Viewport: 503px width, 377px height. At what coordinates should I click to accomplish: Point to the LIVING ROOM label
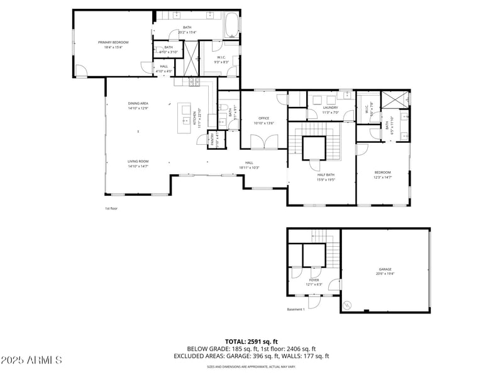click(138, 163)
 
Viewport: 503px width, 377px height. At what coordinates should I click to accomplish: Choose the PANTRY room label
click(213, 140)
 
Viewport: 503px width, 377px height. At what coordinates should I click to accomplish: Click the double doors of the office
click(263, 142)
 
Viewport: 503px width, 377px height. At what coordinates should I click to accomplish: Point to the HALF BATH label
click(326, 177)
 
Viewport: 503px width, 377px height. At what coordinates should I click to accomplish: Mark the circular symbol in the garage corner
click(348, 306)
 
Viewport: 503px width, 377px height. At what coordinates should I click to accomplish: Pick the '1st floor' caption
click(111, 208)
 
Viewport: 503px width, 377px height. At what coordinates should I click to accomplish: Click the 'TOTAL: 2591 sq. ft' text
click(251, 341)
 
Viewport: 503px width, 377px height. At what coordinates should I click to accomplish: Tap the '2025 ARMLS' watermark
click(31, 361)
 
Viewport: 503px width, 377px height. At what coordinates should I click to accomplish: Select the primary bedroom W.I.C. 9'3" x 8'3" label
click(221, 60)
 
